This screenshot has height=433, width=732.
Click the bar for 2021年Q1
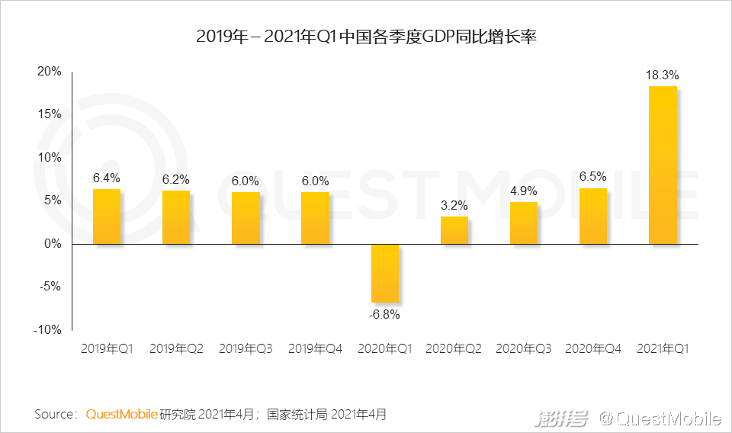[x=663, y=165]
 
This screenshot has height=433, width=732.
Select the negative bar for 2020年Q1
[x=384, y=273]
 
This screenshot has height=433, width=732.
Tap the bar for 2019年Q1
[x=107, y=216]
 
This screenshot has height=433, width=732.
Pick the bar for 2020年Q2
[x=454, y=230]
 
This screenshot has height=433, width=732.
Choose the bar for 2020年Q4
[x=593, y=216]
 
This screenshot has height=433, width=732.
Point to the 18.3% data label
[x=662, y=75]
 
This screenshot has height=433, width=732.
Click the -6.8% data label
[x=384, y=313]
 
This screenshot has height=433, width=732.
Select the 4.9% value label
[x=524, y=191]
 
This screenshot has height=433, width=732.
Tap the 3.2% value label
[x=454, y=205]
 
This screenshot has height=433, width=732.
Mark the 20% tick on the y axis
[x=50, y=71]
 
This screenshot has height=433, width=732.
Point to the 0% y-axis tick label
[x=53, y=244]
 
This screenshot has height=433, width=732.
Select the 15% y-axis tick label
[x=50, y=114]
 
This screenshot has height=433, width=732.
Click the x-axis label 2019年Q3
[x=246, y=349]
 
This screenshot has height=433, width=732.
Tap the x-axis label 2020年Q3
[x=524, y=349]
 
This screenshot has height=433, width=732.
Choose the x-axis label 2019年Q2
[x=176, y=349]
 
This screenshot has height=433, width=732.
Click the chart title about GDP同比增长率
[x=366, y=37]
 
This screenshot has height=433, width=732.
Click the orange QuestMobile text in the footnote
[x=122, y=414]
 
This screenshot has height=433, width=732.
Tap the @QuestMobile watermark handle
[x=659, y=418]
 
